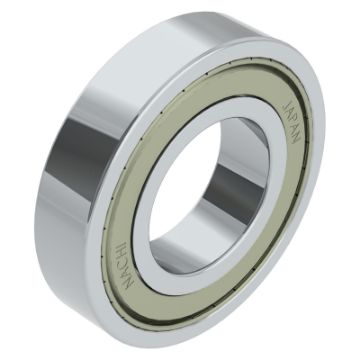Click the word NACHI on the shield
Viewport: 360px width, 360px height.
pyautogui.click(x=125, y=265)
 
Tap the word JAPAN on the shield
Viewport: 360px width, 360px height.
pyautogui.click(x=292, y=122)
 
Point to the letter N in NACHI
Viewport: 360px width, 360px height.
pyautogui.click(x=129, y=282)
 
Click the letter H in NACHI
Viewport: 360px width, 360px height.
pyautogui.click(x=123, y=255)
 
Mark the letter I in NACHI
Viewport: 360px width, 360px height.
pyautogui.click(x=122, y=246)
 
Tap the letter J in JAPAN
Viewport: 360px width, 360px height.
pyautogui.click(x=286, y=104)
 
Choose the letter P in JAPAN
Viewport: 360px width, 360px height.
pyautogui.click(x=292, y=121)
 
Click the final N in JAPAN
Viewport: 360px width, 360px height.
pyautogui.click(x=297, y=139)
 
